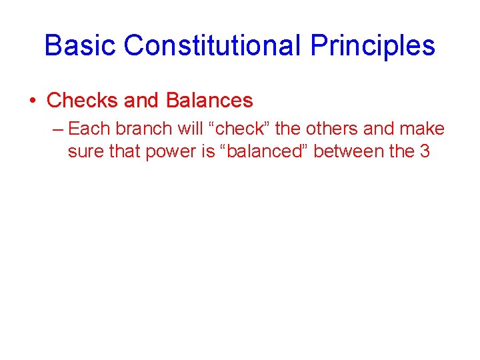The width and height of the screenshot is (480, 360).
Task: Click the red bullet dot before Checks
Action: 33,101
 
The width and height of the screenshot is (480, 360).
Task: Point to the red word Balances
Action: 209,101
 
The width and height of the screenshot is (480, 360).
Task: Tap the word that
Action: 124,151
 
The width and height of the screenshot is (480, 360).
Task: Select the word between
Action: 349,151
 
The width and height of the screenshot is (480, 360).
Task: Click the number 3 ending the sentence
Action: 425,151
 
